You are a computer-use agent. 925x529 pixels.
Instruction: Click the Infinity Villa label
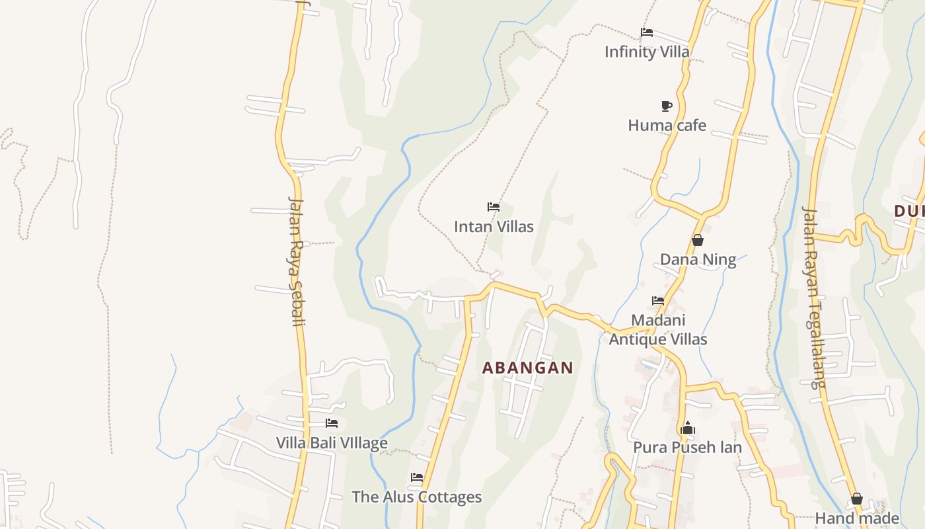pos(647,52)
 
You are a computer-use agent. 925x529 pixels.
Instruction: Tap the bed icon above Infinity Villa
pos(647,32)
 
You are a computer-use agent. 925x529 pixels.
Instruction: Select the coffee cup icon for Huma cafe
pos(667,106)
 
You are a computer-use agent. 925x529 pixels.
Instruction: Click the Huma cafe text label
pos(667,125)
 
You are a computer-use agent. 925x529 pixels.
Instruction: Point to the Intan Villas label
pos(494,227)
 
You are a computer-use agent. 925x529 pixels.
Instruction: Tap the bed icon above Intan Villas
pos(494,207)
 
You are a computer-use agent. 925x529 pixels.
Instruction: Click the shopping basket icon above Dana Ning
pos(698,240)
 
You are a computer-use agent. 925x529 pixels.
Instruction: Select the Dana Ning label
pos(698,259)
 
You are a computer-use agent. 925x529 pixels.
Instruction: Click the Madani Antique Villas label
pos(658,330)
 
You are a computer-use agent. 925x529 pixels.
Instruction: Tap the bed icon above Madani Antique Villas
pos(658,300)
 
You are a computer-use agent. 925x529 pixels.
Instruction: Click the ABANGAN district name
pos(527,368)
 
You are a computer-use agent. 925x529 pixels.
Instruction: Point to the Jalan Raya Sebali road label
pos(298,261)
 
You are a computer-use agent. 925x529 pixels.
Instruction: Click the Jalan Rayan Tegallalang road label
pos(814,297)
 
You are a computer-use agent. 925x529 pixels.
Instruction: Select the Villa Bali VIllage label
pos(332,443)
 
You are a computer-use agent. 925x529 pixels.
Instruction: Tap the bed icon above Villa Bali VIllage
pos(332,423)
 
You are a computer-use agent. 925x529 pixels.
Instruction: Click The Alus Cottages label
pos(417,497)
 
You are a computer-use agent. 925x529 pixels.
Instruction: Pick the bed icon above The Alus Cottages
pos(417,477)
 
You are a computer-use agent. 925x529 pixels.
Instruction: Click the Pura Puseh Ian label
pos(687,448)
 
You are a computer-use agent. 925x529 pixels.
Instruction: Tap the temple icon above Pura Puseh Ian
pos(688,428)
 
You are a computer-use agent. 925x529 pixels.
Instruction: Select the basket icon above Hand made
pos(857,499)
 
